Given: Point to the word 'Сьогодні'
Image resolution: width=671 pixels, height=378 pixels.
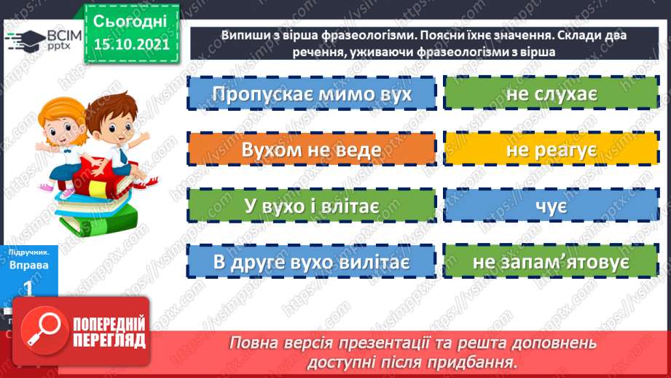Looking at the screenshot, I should tap(131, 20).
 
